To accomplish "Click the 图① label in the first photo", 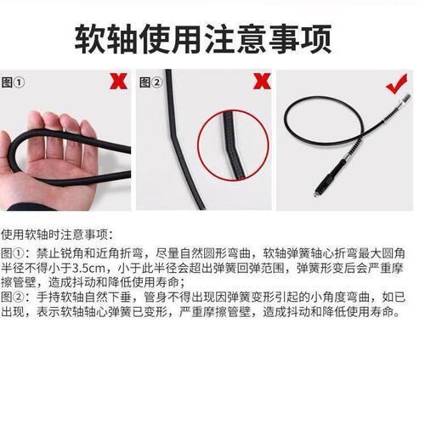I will (x=14, y=82).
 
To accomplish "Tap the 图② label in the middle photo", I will (x=150, y=82).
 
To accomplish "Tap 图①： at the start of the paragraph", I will (x=14, y=253).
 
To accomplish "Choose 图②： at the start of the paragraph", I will (x=14, y=298).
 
